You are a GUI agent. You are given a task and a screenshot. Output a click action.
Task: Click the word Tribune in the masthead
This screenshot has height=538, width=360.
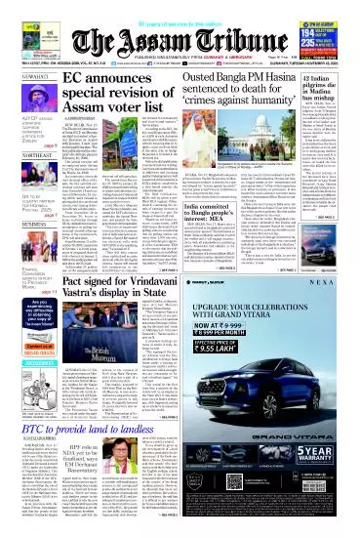[211, 24]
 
